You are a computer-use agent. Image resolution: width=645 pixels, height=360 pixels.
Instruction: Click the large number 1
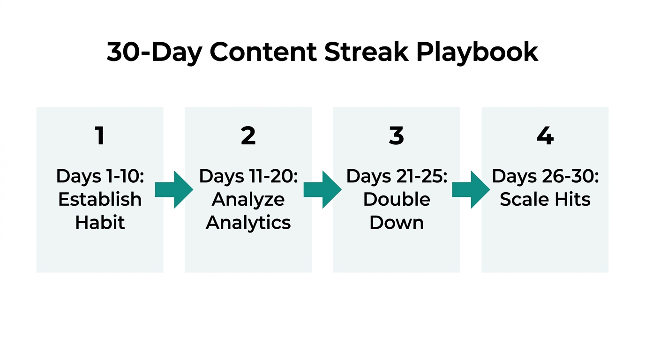point(99,136)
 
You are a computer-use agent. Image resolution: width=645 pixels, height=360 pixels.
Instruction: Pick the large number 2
point(248,136)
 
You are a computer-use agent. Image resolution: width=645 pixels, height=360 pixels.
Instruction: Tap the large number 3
point(396,136)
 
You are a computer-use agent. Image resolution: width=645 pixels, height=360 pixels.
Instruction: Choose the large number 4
point(545,136)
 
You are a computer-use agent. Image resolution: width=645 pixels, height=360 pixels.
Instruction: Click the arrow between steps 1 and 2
point(174,189)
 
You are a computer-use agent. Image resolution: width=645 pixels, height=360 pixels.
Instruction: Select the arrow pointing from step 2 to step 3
point(322,189)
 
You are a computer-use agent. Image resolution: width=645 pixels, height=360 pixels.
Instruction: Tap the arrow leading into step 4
point(471,189)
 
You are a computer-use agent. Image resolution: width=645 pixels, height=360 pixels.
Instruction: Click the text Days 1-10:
point(99,176)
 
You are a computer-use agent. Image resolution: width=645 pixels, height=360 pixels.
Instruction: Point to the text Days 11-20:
point(248,176)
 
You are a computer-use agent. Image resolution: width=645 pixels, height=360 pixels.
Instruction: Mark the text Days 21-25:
point(397,176)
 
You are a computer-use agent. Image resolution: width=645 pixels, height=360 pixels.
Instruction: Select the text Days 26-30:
point(545,176)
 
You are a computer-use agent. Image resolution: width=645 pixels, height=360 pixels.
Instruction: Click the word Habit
point(100,222)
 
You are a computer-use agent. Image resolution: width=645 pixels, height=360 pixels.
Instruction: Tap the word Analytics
point(248,222)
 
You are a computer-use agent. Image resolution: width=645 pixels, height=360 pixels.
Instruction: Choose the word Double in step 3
point(397,199)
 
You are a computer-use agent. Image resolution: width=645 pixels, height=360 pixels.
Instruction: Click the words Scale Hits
point(545,199)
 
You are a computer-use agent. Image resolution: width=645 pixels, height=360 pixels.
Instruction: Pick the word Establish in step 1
point(100,199)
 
